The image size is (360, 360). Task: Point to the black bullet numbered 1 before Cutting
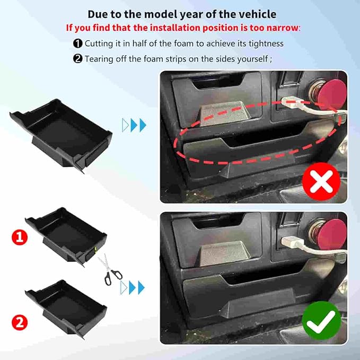tap(77, 44)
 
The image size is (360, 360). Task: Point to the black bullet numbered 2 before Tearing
tap(77, 59)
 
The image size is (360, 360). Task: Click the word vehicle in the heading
tap(257, 14)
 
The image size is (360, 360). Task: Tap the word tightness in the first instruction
tap(265, 44)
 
